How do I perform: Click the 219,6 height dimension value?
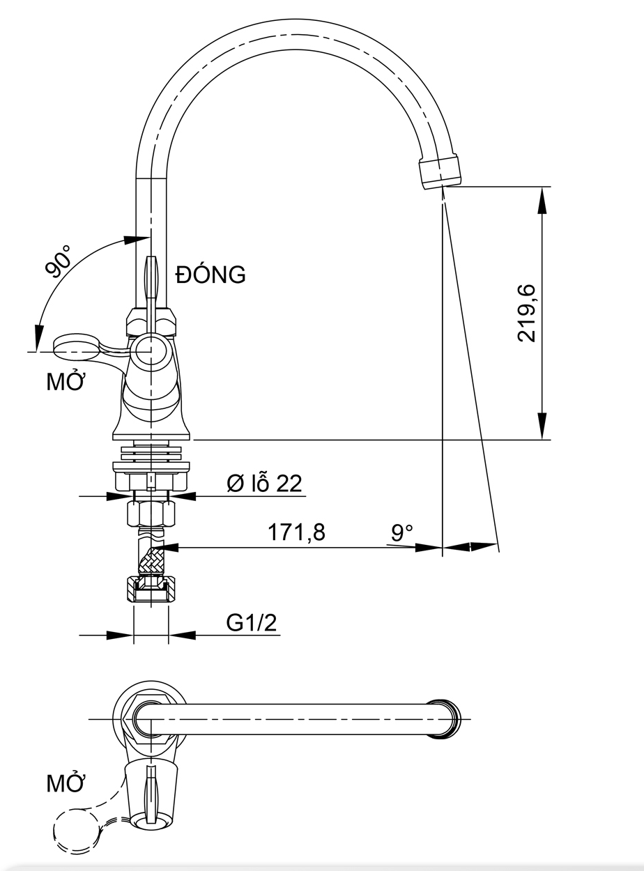tap(527, 312)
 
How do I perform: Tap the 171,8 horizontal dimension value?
tap(296, 533)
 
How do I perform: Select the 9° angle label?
tap(402, 533)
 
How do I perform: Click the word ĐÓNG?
tap(210, 275)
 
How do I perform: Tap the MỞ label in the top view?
tap(66, 783)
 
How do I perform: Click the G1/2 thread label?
tap(251, 622)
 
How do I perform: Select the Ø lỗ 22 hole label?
tap(264, 483)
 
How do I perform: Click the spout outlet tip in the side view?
tap(440, 171)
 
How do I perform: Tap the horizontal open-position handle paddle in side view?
tap(77, 345)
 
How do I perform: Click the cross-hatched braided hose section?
tap(151, 560)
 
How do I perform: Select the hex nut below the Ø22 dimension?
tap(151, 514)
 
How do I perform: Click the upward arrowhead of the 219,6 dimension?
tap(542, 202)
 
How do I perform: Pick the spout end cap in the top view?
tap(447, 718)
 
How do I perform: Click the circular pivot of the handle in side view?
tap(151, 350)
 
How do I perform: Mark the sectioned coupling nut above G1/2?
tap(151, 589)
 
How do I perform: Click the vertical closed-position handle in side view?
tap(151, 279)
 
